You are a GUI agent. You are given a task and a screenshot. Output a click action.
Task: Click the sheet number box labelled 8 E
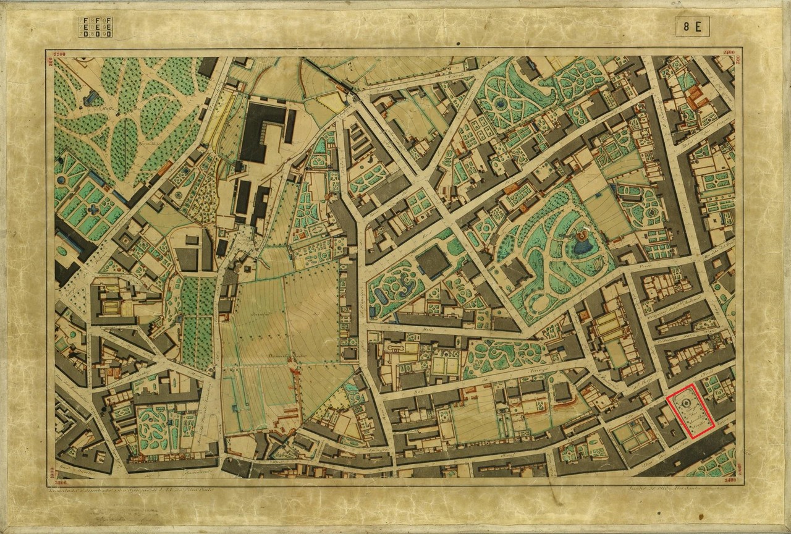(x=692, y=27)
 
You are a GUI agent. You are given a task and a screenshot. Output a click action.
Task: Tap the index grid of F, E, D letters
(x=95, y=27)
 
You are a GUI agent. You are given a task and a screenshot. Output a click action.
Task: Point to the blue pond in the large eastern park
(x=582, y=247)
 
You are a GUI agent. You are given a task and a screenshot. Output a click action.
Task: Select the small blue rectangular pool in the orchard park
(x=93, y=98)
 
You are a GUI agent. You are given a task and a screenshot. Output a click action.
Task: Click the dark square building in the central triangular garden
(x=433, y=261)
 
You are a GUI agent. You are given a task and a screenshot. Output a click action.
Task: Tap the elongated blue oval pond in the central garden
(x=380, y=298)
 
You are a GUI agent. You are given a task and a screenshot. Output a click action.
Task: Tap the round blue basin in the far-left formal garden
(x=61, y=180)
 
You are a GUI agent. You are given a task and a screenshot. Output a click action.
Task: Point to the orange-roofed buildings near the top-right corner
(x=695, y=96)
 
